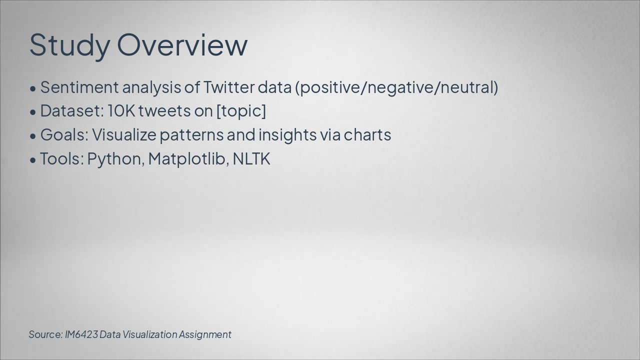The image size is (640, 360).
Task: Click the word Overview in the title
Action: coord(182,45)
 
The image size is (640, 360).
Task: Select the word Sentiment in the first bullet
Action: coord(79,87)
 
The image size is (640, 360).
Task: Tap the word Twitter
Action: coord(229,87)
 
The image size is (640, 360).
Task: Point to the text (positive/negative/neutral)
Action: coord(396,87)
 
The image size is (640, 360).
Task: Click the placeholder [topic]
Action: coord(241,111)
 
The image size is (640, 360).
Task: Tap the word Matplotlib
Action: coord(188,159)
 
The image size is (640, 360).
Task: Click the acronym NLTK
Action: coord(251,159)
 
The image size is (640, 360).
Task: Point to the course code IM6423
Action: coord(81,334)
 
